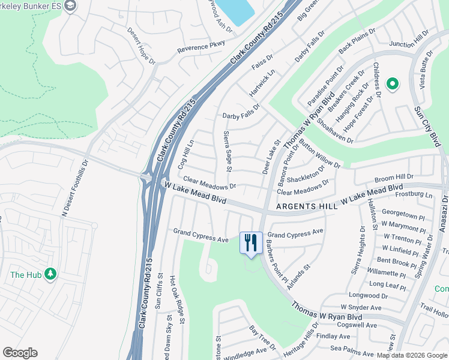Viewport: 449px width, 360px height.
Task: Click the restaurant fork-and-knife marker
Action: click(x=251, y=243)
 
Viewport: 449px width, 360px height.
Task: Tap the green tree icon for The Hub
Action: click(x=51, y=274)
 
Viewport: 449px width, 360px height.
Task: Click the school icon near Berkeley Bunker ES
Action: click(x=70, y=6)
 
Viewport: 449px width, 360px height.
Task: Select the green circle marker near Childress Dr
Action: click(x=393, y=84)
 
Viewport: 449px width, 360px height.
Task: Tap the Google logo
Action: click(x=20, y=353)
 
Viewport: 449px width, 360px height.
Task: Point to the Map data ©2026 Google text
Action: click(x=411, y=355)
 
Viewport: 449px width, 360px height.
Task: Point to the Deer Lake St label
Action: click(x=271, y=158)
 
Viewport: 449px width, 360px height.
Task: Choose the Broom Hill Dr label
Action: click(x=394, y=178)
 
